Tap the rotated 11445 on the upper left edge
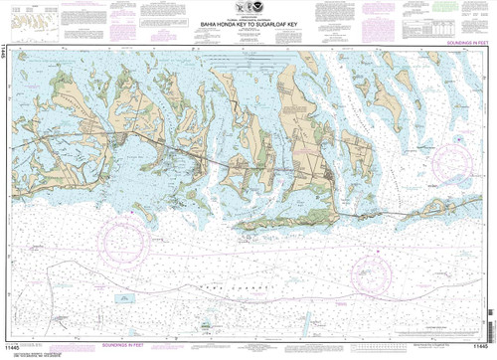[x=6, y=59]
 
